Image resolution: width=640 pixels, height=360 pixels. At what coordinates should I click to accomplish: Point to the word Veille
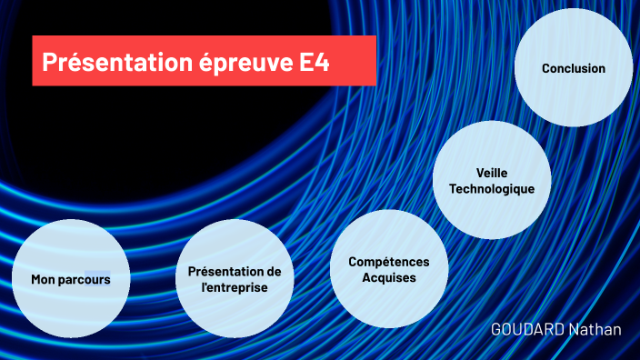(492, 172)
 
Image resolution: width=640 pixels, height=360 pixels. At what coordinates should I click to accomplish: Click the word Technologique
(492, 189)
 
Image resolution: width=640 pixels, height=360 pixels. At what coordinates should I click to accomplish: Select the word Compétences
(389, 262)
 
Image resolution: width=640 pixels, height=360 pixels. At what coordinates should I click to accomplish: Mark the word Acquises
(389, 278)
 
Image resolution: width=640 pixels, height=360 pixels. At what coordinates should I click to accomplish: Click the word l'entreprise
(235, 288)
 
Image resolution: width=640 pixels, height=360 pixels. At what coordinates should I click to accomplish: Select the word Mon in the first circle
(42, 280)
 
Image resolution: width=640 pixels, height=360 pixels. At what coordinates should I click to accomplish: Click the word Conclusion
(574, 68)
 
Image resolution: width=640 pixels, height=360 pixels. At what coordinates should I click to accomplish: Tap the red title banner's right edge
(375, 61)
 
